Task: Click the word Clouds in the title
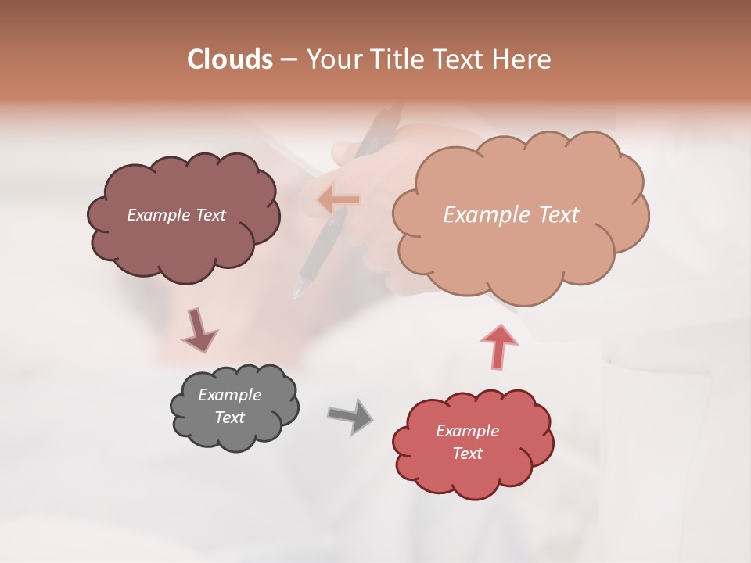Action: click(x=230, y=59)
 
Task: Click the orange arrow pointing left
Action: click(x=339, y=200)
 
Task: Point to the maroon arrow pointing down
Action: click(x=198, y=330)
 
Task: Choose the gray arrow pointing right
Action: click(x=350, y=415)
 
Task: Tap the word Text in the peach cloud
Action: click(x=559, y=215)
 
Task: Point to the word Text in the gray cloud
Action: click(x=230, y=418)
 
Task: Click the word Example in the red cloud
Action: click(x=467, y=431)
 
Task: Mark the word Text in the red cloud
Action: click(x=467, y=454)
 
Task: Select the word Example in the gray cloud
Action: click(x=230, y=395)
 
